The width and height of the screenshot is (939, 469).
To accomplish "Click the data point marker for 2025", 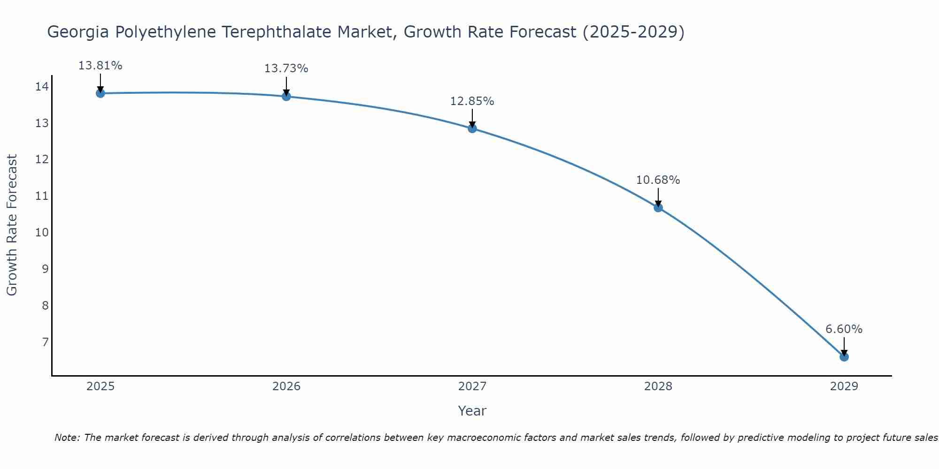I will tap(100, 93).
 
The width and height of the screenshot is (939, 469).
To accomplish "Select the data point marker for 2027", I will tap(472, 129).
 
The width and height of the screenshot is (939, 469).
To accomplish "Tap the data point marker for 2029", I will tap(844, 357).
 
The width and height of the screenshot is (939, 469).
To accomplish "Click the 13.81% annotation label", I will tap(100, 66).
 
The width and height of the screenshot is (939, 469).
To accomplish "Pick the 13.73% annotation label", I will tap(286, 68).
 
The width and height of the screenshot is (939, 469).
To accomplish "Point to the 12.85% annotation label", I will tap(472, 101).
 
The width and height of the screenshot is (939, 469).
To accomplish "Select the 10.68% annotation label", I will tap(658, 180).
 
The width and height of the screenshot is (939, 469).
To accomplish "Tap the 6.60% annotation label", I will tap(844, 329).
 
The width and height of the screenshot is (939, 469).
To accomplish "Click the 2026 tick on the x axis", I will tap(286, 386).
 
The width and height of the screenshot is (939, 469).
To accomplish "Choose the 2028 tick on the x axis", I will tap(658, 386).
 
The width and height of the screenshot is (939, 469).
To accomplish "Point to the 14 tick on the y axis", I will tap(42, 86).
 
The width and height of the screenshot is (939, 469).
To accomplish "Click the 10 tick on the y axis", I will tap(42, 233).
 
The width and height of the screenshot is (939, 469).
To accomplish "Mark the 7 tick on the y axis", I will tap(45, 342).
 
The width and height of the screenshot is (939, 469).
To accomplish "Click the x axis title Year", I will tap(472, 411).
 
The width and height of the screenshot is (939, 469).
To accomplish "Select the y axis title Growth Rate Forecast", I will tap(12, 225).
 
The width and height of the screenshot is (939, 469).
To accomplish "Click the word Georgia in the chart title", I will tap(77, 32).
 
